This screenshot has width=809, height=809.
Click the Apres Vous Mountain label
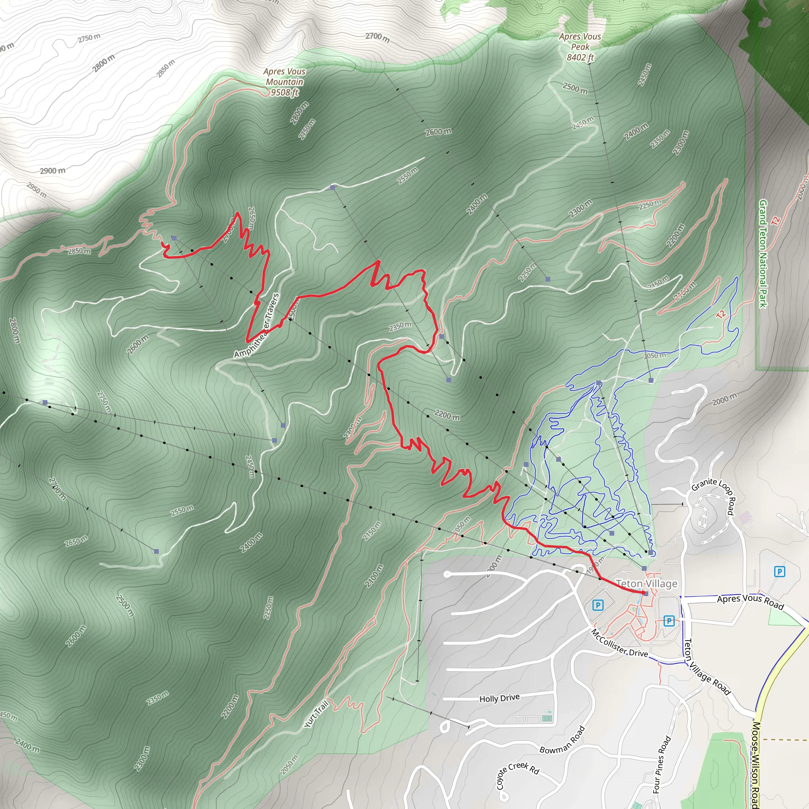(284, 77)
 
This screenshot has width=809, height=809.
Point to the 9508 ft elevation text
(284, 92)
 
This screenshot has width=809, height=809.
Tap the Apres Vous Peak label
(580, 41)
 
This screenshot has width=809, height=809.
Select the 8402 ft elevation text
(580, 57)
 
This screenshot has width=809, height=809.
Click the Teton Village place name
(647, 583)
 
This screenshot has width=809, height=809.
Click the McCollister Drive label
(619, 643)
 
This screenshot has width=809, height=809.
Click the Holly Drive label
(499, 698)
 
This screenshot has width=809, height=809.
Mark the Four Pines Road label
(662, 764)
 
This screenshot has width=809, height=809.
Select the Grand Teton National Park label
(763, 254)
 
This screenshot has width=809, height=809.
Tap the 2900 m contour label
(53, 171)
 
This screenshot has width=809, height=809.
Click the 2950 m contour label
(36, 190)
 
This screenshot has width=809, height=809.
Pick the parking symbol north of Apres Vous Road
(779, 572)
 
